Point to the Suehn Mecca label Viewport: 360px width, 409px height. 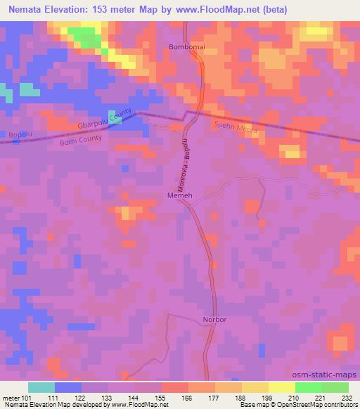click(236, 129)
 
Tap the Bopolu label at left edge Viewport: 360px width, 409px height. click(12, 134)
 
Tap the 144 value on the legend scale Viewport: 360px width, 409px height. click(134, 397)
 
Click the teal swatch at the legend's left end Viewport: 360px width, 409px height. click(41, 387)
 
